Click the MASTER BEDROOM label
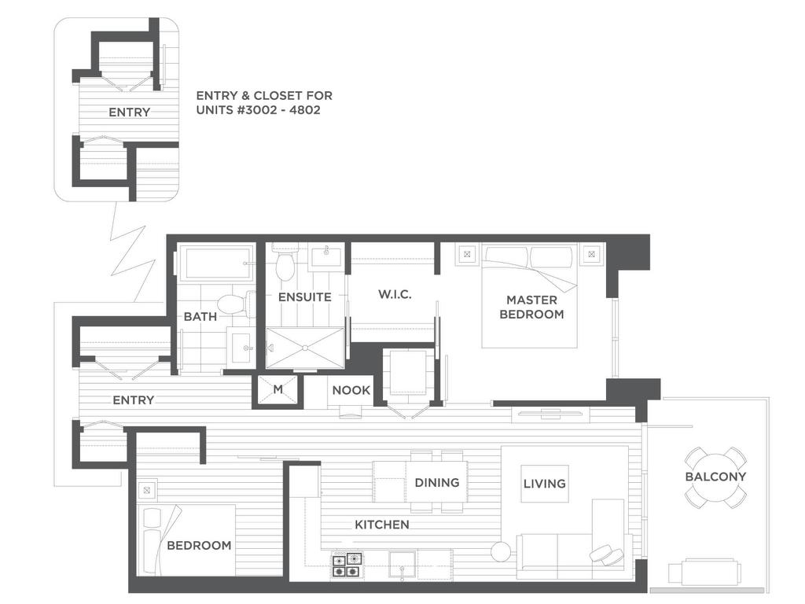[531, 307]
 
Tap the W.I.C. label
[395, 294]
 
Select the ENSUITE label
[304, 296]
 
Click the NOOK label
[351, 390]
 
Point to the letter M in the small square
[278, 389]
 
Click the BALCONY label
[715, 477]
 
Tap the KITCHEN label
[382, 525]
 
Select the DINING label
[437, 482]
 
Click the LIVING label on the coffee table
[544, 484]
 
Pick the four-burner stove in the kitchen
[346, 565]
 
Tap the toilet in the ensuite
[284, 263]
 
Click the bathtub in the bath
[215, 263]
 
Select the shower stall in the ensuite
[304, 348]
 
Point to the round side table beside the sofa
[501, 551]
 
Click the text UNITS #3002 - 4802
[258, 110]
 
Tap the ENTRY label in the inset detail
[130, 112]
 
